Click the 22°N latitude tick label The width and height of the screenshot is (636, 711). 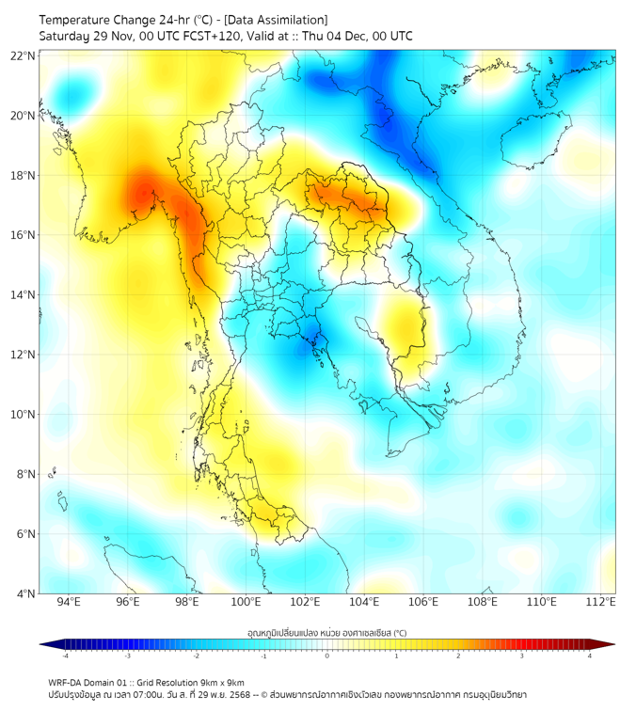(x=24, y=55)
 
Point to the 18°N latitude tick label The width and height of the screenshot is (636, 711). (x=24, y=175)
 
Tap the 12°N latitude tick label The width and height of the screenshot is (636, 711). (x=24, y=355)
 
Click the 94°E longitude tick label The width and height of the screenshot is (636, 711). (x=68, y=602)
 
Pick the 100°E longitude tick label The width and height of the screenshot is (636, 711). (x=246, y=602)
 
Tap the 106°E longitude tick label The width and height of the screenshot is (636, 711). (x=423, y=602)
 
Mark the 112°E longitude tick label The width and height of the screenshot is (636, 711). (x=601, y=602)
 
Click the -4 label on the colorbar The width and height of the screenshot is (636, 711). (x=64, y=656)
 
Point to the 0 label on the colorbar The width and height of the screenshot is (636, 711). (x=327, y=656)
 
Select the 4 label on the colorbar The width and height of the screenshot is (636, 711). (x=590, y=656)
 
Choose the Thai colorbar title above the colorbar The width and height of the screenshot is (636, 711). (x=326, y=633)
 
